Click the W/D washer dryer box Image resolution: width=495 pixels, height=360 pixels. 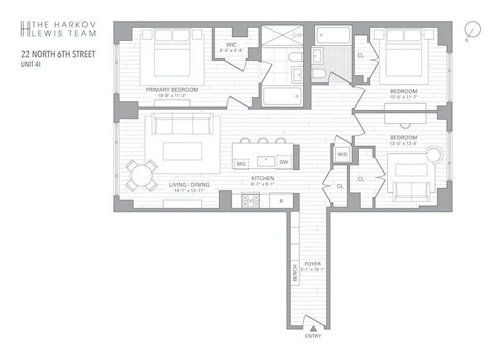[342, 154]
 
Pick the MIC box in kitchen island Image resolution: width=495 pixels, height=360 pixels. [241, 163]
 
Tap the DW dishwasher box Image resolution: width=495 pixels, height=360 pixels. [283, 163]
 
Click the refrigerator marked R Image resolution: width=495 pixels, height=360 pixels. [282, 201]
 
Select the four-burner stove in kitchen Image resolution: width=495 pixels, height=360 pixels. [250, 200]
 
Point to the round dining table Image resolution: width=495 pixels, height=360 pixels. [142, 176]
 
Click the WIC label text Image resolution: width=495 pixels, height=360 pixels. [231, 45]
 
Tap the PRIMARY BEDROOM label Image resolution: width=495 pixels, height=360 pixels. [172, 90]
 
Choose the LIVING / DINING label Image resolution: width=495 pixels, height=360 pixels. [189, 184]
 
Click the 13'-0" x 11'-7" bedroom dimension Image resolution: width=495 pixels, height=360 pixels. [403, 96]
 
